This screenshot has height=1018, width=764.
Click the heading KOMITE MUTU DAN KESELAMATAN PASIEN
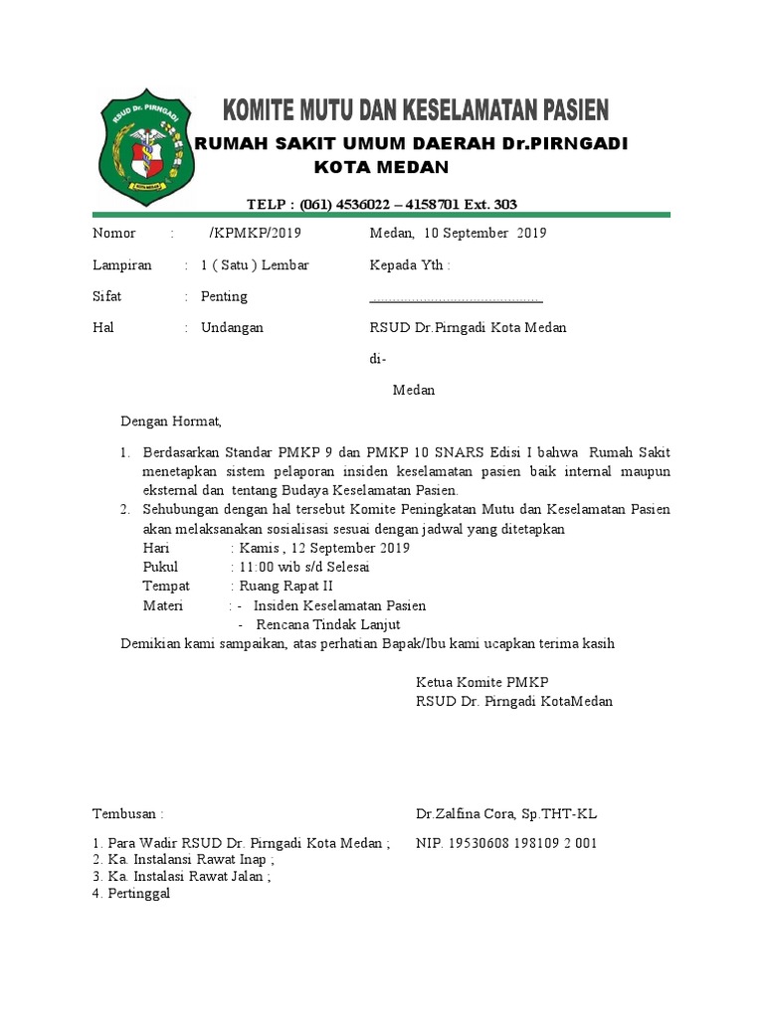tap(416, 108)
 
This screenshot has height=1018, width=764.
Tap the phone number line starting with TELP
tap(381, 205)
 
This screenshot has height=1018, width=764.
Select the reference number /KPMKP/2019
tap(255, 234)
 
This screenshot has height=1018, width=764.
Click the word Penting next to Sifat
tap(224, 296)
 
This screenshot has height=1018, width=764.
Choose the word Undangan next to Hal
tap(232, 328)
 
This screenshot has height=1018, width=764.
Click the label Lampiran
tap(122, 265)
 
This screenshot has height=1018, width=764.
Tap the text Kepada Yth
tap(409, 265)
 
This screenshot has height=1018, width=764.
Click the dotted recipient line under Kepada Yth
tap(456, 298)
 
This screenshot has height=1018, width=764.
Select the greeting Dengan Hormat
tap(171, 422)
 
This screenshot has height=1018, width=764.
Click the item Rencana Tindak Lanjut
tap(327, 624)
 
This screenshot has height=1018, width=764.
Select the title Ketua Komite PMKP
tap(482, 682)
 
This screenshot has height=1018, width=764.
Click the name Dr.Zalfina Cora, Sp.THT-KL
tap(506, 814)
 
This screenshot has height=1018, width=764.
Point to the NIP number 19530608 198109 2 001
tap(506, 843)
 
